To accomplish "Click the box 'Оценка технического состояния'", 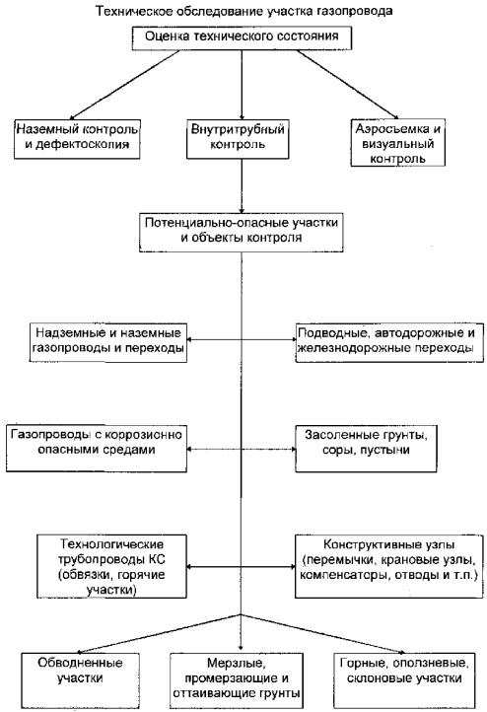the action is click(242, 38).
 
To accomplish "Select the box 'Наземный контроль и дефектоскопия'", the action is click(77, 139).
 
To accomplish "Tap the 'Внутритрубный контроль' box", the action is click(238, 139).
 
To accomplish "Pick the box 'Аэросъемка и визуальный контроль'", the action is click(398, 143).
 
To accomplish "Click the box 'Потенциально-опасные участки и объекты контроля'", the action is click(242, 232).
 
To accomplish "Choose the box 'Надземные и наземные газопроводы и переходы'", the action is click(108, 342).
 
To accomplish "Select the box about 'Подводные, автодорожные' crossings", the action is click(389, 342).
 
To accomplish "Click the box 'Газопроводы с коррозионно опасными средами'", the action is click(97, 449).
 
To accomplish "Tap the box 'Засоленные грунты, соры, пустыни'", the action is click(366, 449).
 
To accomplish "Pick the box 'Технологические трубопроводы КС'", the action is click(111, 566).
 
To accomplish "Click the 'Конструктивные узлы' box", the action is click(389, 566).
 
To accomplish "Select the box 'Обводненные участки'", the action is click(80, 679).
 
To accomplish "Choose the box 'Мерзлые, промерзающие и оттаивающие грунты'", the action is click(237, 680).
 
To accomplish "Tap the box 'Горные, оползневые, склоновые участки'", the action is click(404, 679).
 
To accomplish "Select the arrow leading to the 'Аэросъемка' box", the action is click(348, 85).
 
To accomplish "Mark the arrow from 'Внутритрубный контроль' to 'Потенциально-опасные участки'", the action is click(242, 185).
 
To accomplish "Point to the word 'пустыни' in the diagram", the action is click(389, 450).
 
